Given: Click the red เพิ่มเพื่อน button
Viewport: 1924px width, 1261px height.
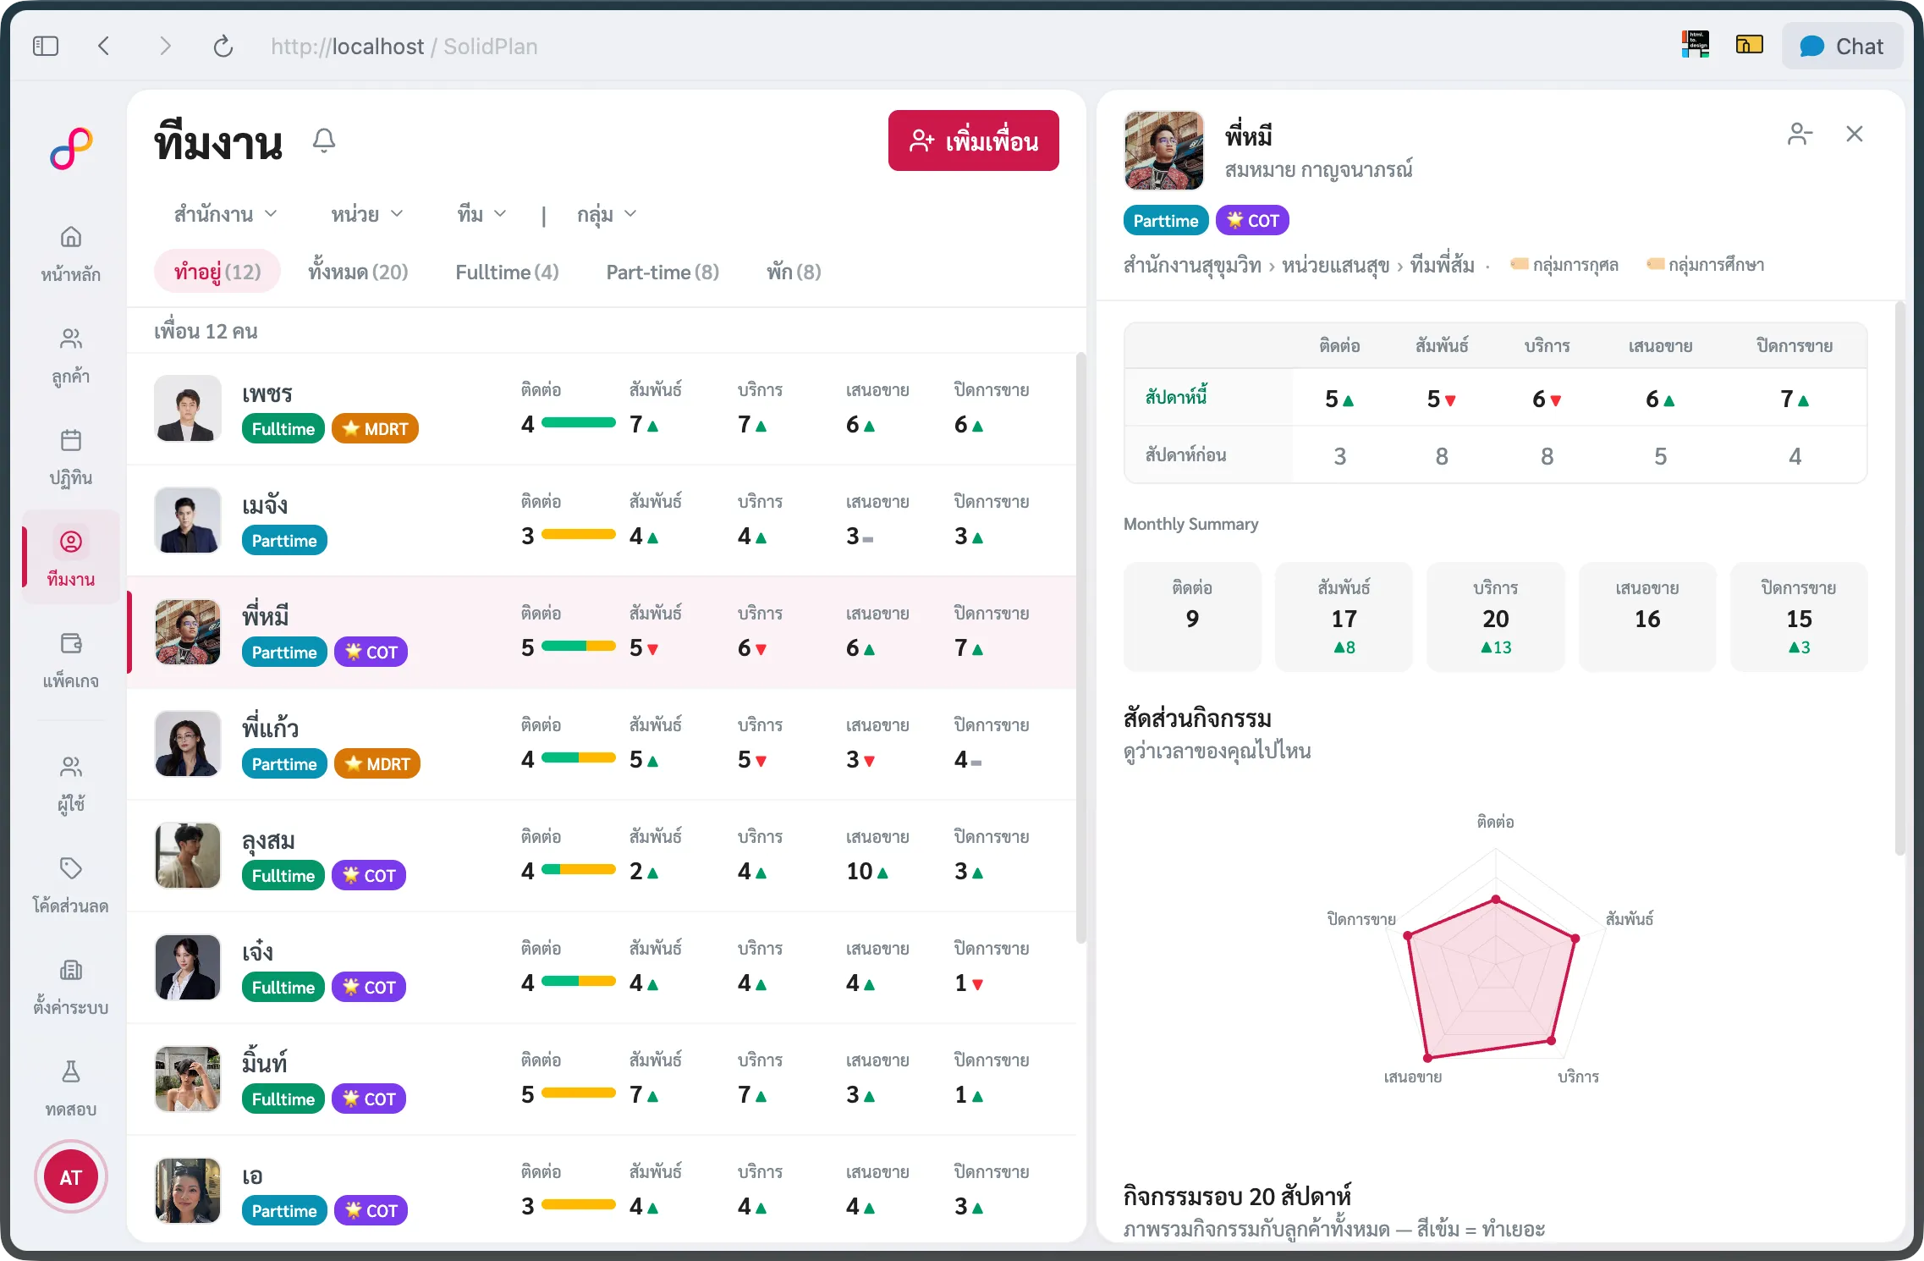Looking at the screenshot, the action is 973,140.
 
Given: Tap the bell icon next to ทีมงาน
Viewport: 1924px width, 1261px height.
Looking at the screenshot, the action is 324,140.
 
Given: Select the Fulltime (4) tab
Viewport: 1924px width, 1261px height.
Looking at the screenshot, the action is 507,272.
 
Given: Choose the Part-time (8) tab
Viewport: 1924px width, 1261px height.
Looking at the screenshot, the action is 662,272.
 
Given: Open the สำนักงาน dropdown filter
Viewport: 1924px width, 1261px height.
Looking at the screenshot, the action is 225,214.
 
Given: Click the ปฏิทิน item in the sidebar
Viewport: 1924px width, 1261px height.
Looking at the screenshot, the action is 71,458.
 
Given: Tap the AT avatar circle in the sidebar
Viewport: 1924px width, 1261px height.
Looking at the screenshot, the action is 71,1176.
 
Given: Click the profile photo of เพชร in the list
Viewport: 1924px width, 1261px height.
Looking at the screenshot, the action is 188,409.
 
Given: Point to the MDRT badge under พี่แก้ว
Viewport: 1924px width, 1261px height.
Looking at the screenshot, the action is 377,763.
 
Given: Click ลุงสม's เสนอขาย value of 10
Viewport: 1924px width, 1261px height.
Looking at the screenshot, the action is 860,871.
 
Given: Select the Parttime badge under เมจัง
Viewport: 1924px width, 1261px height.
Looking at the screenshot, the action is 284,540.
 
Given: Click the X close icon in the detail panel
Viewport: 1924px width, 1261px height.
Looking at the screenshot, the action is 1855,134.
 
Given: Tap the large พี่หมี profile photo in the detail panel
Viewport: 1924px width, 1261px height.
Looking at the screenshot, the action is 1164,151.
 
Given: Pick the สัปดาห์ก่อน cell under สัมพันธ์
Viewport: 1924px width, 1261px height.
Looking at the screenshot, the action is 1442,456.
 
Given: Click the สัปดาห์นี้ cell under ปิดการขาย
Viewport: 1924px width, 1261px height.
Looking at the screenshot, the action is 1795,399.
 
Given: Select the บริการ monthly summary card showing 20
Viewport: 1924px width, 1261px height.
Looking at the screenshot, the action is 1496,617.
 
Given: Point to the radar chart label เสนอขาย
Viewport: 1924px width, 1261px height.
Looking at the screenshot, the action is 1413,1077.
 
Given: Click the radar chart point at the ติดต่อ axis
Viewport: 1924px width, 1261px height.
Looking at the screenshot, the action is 1496,899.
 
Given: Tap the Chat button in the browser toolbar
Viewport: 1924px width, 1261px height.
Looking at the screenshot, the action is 1842,47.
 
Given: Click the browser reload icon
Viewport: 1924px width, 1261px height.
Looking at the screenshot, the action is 223,47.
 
